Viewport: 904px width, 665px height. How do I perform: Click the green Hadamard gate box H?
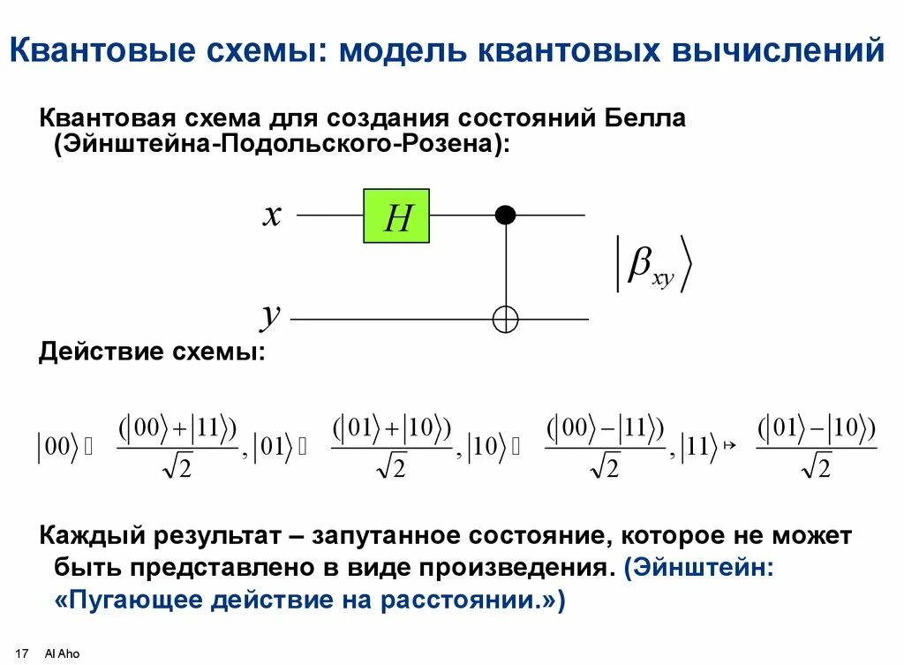coord(396,215)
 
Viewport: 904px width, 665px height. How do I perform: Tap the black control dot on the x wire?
coord(505,215)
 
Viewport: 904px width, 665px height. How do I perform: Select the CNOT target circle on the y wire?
coord(505,319)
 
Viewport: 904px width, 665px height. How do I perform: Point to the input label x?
coord(272,215)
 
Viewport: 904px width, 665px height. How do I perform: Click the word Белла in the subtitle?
coord(644,118)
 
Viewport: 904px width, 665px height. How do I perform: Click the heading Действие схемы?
coord(151,352)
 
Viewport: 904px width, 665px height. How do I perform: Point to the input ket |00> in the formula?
coord(56,447)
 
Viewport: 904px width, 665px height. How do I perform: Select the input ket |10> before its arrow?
coord(486,447)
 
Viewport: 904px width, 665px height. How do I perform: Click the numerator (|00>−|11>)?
coord(605,430)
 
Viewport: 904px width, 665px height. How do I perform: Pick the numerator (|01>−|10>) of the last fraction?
coord(817,430)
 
